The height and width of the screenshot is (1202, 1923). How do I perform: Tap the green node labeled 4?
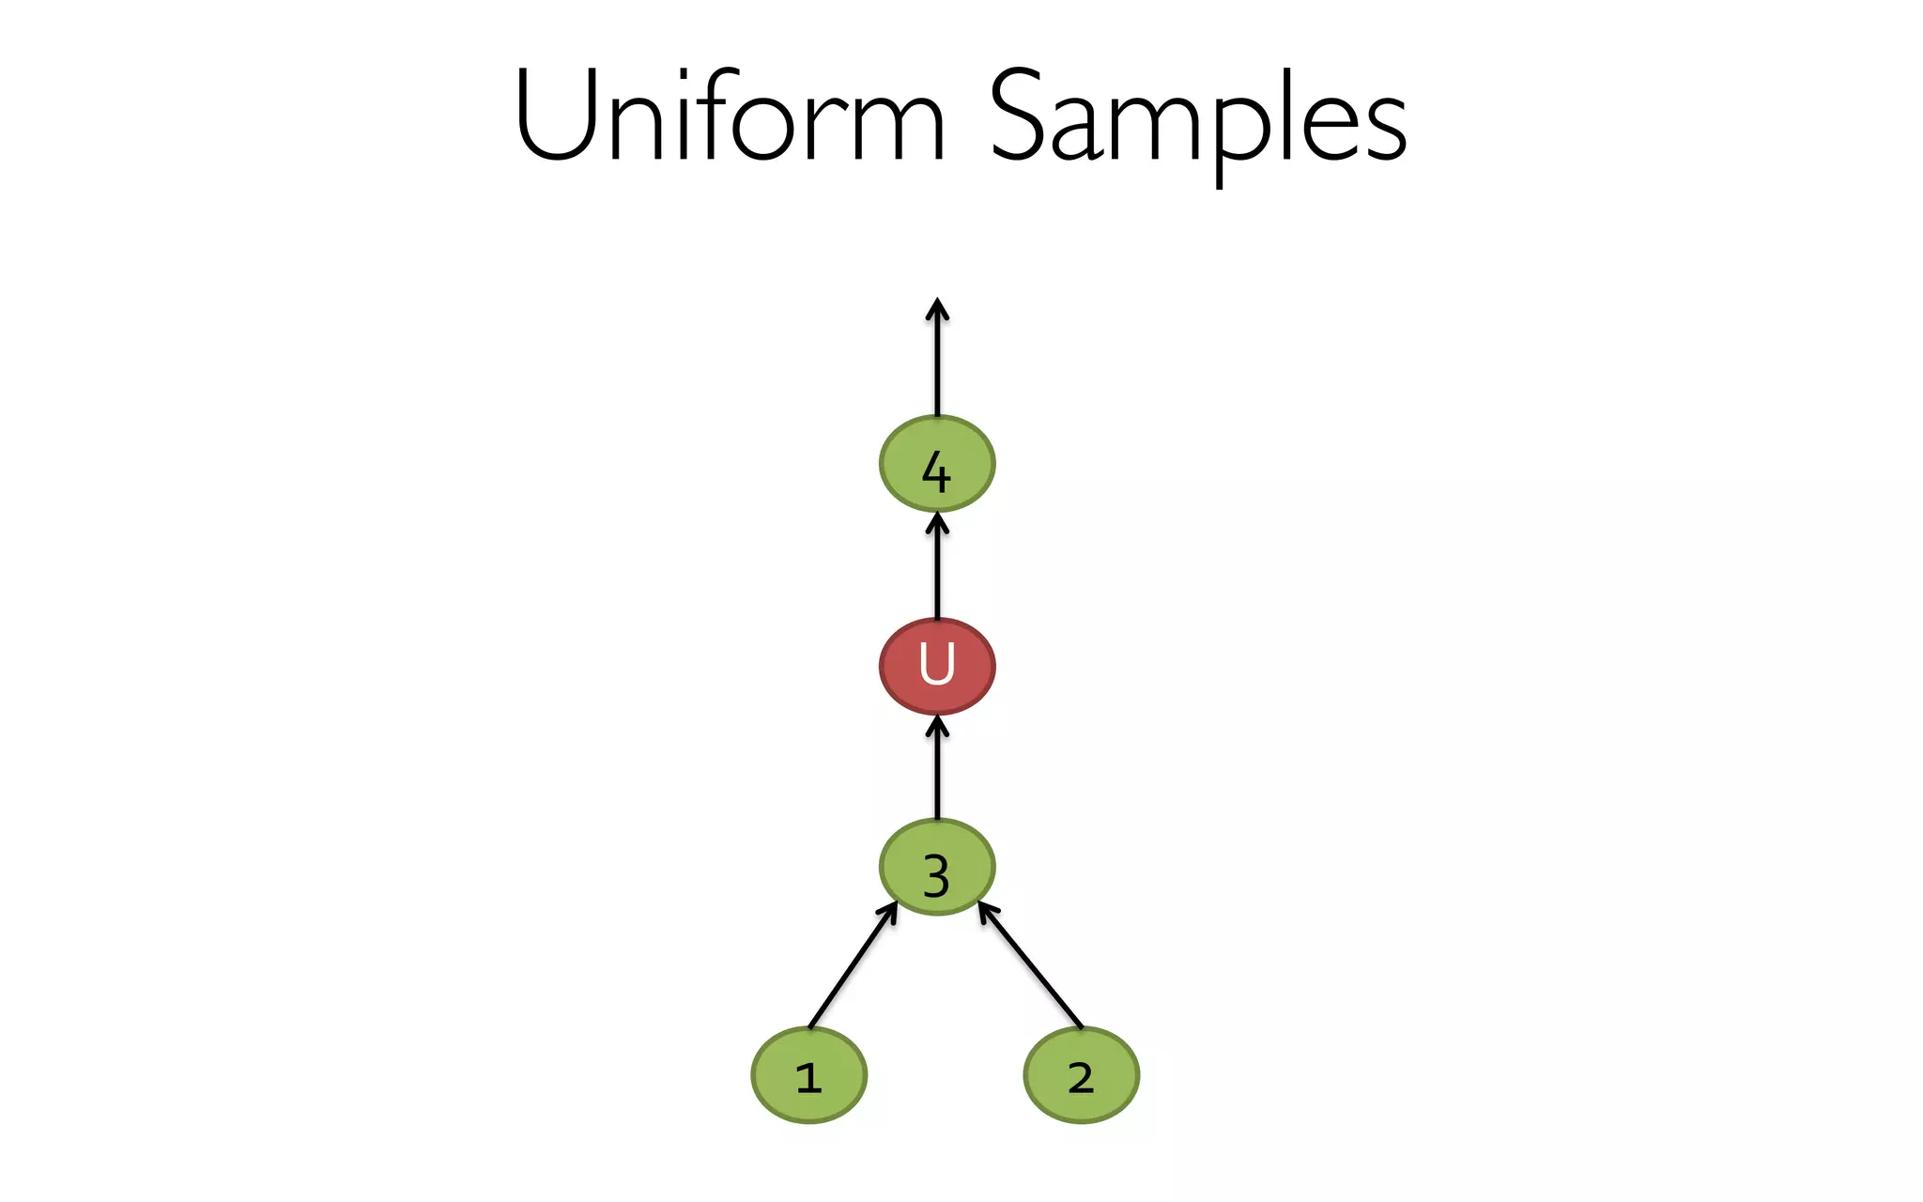tap(936, 464)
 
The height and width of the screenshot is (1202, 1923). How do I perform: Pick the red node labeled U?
tap(936, 666)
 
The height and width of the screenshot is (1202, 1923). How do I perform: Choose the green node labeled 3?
tap(936, 867)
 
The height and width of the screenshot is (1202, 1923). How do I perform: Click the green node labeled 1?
tap(808, 1075)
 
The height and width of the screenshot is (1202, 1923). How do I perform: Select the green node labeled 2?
tap(1081, 1075)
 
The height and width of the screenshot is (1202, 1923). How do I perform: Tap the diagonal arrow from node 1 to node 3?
tap(851, 967)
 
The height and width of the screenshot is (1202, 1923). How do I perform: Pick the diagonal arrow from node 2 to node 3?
tap(1031, 967)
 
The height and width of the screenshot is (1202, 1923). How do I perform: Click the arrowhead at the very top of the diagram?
tap(937, 308)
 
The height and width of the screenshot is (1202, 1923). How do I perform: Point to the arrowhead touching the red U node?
tap(937, 725)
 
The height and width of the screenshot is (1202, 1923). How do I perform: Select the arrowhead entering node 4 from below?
tap(937, 522)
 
